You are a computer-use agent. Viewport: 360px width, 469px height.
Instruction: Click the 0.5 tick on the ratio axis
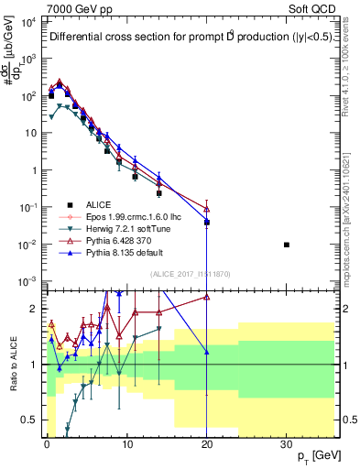29,420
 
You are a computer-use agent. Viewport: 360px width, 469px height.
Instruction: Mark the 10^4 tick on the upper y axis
27,21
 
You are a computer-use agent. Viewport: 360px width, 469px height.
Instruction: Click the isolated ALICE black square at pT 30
287,245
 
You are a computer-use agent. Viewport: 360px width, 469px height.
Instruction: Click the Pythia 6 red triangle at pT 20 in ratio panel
207,297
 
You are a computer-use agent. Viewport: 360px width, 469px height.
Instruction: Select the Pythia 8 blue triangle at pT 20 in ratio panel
207,352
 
